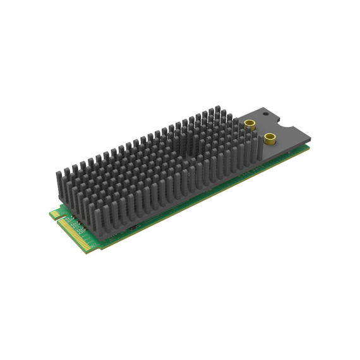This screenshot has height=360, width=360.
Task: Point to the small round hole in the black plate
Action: pyautogui.click(x=265, y=116)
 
